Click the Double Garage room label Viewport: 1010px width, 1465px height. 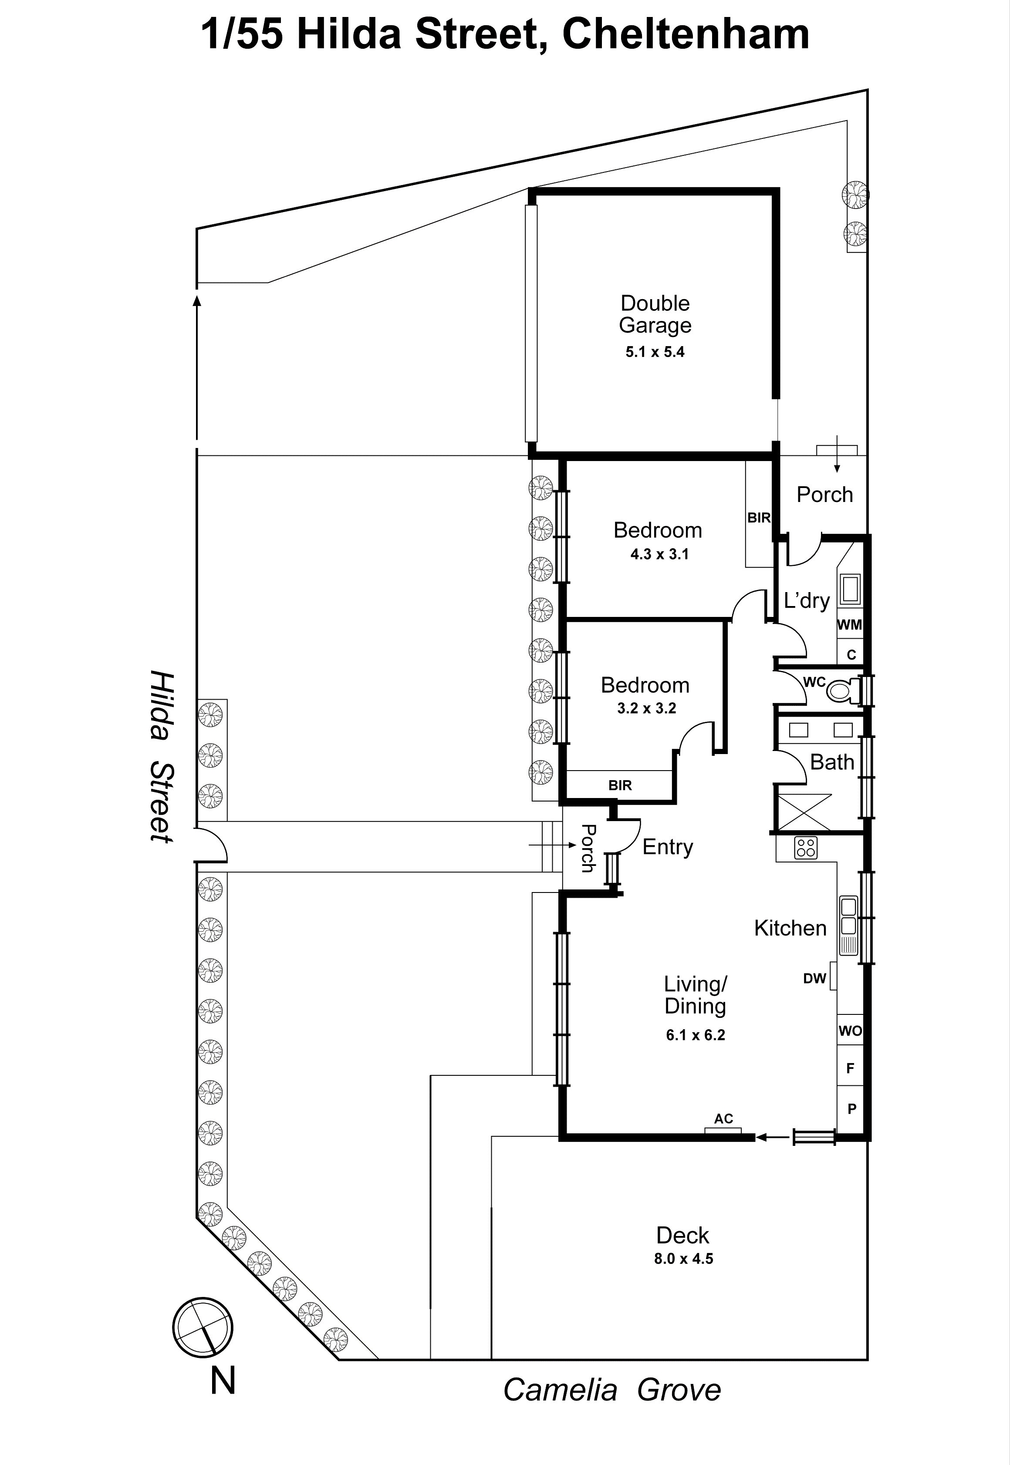655,314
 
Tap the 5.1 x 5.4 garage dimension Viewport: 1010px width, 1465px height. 655,352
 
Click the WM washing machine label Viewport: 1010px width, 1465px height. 849,625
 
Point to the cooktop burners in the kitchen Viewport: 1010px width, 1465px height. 806,848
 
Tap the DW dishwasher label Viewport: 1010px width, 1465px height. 814,979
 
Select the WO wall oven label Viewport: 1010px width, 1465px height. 850,1031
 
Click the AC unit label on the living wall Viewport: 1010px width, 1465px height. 723,1119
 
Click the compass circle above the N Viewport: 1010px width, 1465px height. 203,1328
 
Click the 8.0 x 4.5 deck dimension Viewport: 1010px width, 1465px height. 683,1259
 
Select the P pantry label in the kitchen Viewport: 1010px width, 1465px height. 852,1109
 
